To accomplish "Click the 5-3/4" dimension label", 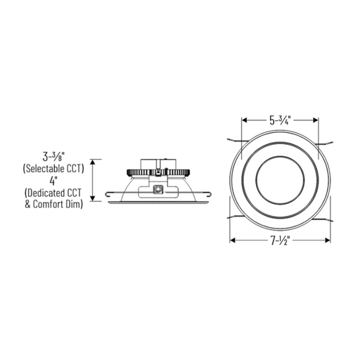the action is (x=280, y=120).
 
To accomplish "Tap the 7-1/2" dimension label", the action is (x=281, y=240).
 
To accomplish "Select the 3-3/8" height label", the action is (x=53, y=157).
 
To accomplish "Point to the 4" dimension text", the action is (x=53, y=181).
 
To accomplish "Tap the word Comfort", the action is (x=49, y=204).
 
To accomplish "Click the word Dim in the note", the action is (x=75, y=204).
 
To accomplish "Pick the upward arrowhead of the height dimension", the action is (x=93, y=162).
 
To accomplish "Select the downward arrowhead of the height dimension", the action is (x=93, y=198).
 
